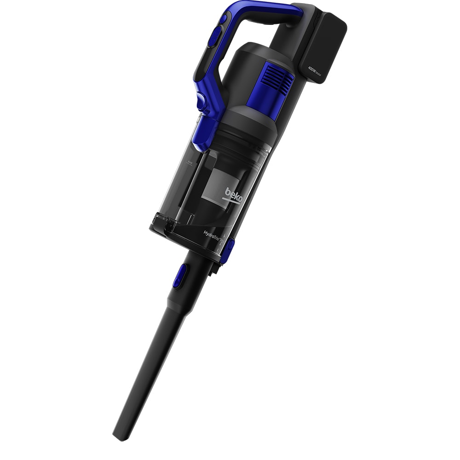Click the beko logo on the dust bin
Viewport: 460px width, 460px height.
click(232, 192)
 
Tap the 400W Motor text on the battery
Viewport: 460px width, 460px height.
click(317, 69)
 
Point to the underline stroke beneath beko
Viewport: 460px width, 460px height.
click(230, 199)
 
